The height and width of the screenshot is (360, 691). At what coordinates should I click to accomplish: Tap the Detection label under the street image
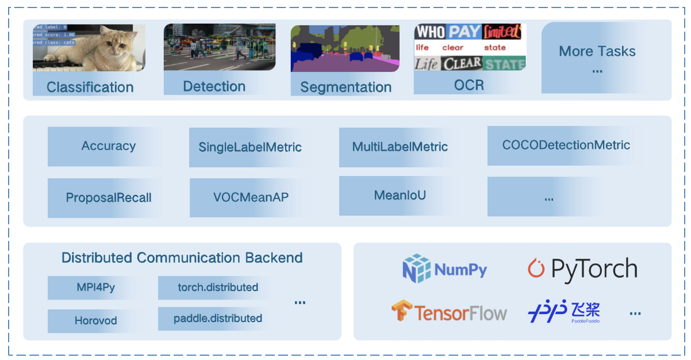click(214, 87)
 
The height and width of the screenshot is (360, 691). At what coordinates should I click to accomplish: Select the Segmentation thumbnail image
click(345, 48)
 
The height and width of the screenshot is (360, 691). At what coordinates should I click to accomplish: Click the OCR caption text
click(469, 85)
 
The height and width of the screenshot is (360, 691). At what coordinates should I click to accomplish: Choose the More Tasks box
click(597, 58)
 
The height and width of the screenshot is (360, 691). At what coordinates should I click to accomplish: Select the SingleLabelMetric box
click(250, 147)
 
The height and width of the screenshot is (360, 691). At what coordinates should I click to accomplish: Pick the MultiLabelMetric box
click(400, 147)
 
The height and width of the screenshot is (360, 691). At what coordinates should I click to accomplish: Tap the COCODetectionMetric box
click(566, 145)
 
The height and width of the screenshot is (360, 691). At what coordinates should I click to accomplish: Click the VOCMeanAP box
click(251, 197)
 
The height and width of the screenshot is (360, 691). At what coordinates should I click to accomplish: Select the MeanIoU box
click(400, 196)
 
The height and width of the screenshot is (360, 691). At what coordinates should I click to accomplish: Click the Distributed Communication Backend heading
click(182, 258)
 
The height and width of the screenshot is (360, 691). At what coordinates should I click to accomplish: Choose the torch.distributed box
click(217, 288)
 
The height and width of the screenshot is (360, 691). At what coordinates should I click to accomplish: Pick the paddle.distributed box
click(217, 319)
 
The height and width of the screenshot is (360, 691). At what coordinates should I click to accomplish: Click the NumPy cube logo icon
click(417, 269)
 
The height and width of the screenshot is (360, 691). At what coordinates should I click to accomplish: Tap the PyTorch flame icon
click(536, 269)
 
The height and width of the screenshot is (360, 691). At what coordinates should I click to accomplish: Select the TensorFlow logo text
click(461, 313)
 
